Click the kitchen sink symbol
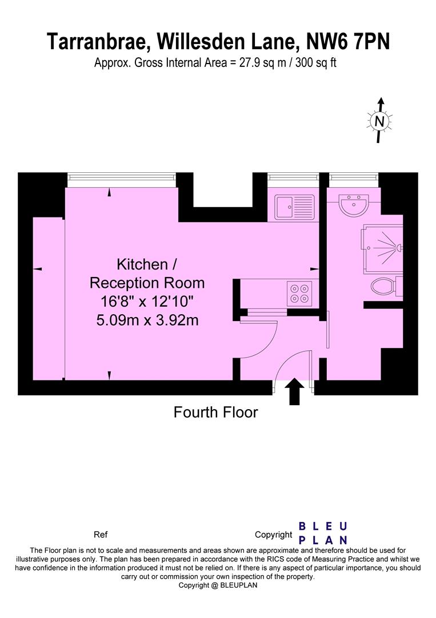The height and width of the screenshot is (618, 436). tap(294, 207)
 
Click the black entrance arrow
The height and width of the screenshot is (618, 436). tap(295, 391)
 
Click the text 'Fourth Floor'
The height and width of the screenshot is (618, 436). tap(215, 412)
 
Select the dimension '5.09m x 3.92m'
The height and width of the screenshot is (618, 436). tap(147, 320)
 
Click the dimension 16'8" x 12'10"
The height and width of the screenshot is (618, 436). tap(147, 302)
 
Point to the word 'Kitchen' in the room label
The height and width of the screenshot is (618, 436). tap(142, 264)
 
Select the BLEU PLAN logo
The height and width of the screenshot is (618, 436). tap(323, 533)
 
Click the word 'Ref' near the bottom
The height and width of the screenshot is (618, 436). tap(100, 535)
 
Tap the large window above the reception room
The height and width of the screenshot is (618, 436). tap(121, 179)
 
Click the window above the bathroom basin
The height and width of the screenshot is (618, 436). tap(354, 179)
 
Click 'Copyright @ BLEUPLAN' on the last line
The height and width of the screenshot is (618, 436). tap(218, 585)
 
